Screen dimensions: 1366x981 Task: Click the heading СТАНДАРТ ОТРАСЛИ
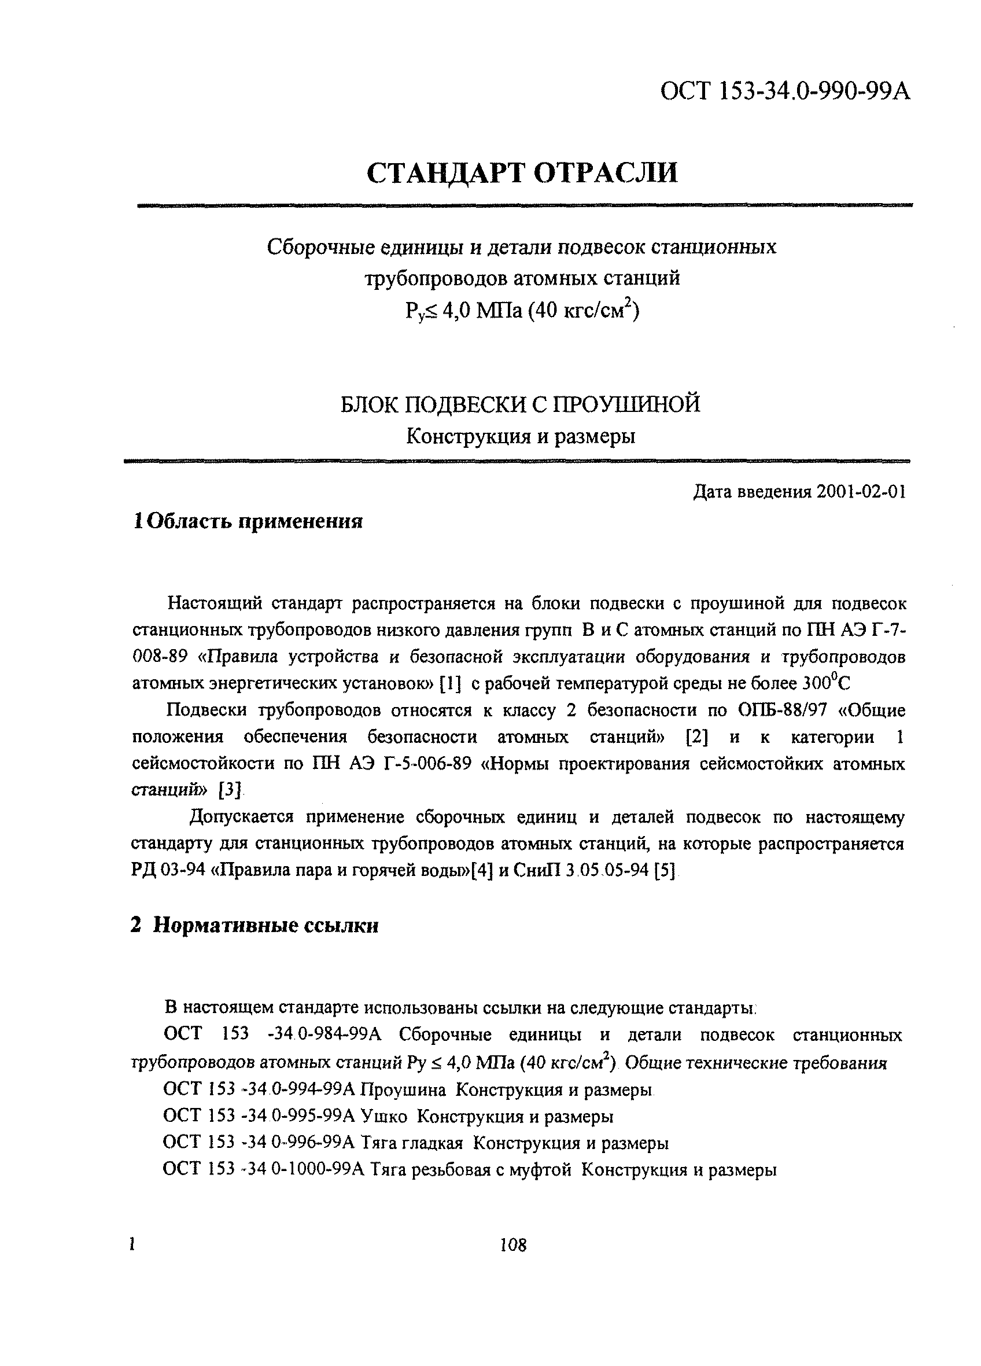coord(522,174)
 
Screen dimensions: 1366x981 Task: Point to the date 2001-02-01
coord(861,492)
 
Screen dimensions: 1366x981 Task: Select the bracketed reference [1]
coord(451,684)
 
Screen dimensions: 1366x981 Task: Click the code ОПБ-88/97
coord(781,710)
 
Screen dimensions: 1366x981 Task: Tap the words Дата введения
coord(753,492)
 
